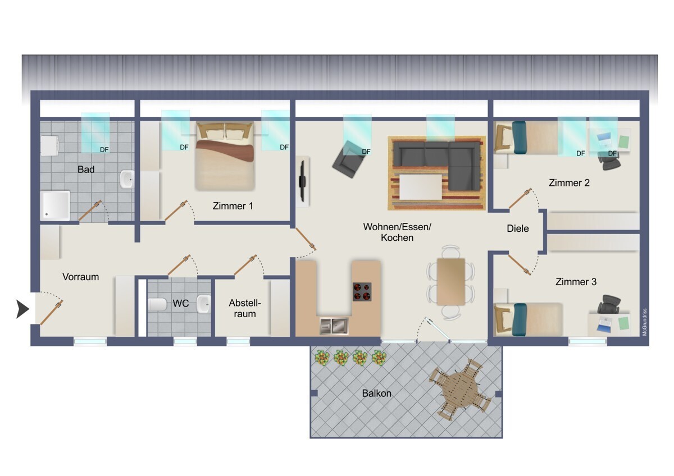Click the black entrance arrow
click(x=22, y=309)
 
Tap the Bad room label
click(x=86, y=170)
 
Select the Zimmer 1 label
click(x=233, y=206)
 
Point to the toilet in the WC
click(x=157, y=304)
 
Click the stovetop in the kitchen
click(x=362, y=292)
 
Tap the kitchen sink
click(x=334, y=326)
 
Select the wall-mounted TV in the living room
click(x=303, y=181)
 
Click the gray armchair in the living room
click(x=348, y=159)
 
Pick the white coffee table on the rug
click(x=421, y=187)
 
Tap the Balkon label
click(x=377, y=393)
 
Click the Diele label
click(x=517, y=228)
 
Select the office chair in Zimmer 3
click(x=609, y=304)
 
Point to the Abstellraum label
click(x=245, y=308)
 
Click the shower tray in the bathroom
click(x=55, y=205)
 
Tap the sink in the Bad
click(x=127, y=179)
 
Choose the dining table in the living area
click(x=450, y=282)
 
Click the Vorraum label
click(x=81, y=277)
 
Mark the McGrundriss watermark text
click(x=644, y=322)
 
